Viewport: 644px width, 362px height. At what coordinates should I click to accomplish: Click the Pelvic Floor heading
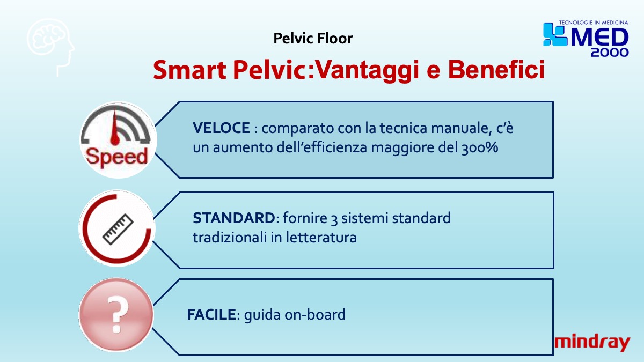point(313,38)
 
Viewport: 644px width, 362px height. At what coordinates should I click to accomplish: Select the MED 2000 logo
point(586,39)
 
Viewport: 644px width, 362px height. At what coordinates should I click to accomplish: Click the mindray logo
point(592,343)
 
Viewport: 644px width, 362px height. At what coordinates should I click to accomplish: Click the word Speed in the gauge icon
point(117,157)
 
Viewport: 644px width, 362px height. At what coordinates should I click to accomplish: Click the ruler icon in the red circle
point(118,230)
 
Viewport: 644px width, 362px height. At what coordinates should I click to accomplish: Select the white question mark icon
point(118,314)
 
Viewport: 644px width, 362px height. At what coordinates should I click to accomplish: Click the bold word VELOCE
point(221,128)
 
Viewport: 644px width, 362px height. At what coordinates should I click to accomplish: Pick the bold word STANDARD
point(234,218)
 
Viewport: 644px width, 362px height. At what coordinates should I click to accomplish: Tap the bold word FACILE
point(211,314)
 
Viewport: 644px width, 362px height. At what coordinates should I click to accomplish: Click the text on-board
point(315,314)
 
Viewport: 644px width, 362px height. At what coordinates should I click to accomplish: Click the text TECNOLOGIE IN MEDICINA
point(594,23)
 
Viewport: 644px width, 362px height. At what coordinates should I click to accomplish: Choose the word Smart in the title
point(190,70)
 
